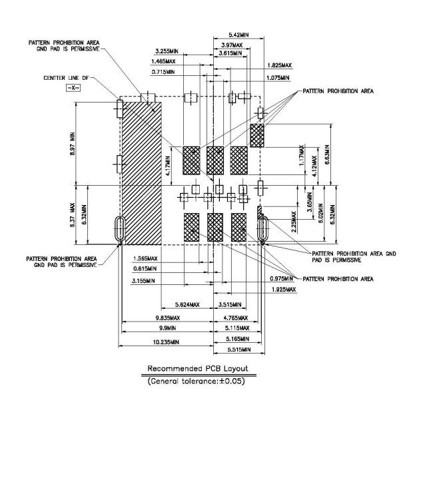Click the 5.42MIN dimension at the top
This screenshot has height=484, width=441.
click(239, 35)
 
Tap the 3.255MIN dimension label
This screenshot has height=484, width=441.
click(166, 51)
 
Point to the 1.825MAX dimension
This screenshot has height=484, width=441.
click(278, 65)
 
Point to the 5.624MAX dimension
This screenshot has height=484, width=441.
click(187, 305)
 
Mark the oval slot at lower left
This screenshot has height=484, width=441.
click(119, 229)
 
